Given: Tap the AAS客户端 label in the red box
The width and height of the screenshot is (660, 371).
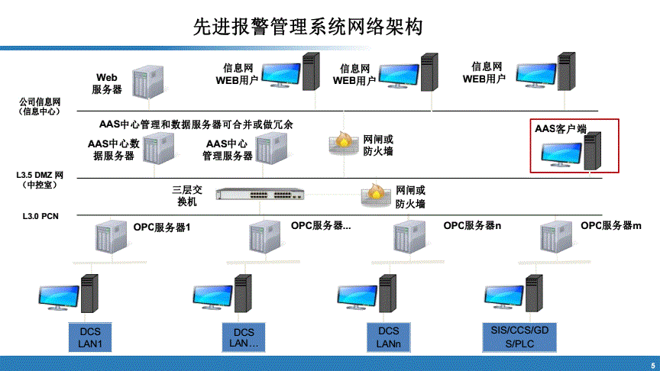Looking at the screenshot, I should [561, 129].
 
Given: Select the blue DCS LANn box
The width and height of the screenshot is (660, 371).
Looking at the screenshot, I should [389, 337].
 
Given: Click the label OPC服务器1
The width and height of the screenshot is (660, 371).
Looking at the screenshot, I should [161, 227].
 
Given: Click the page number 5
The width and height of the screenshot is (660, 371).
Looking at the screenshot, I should [652, 363].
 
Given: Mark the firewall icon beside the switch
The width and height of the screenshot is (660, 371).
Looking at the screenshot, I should [374, 195].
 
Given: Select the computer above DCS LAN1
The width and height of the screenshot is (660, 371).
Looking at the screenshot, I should [70, 298].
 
